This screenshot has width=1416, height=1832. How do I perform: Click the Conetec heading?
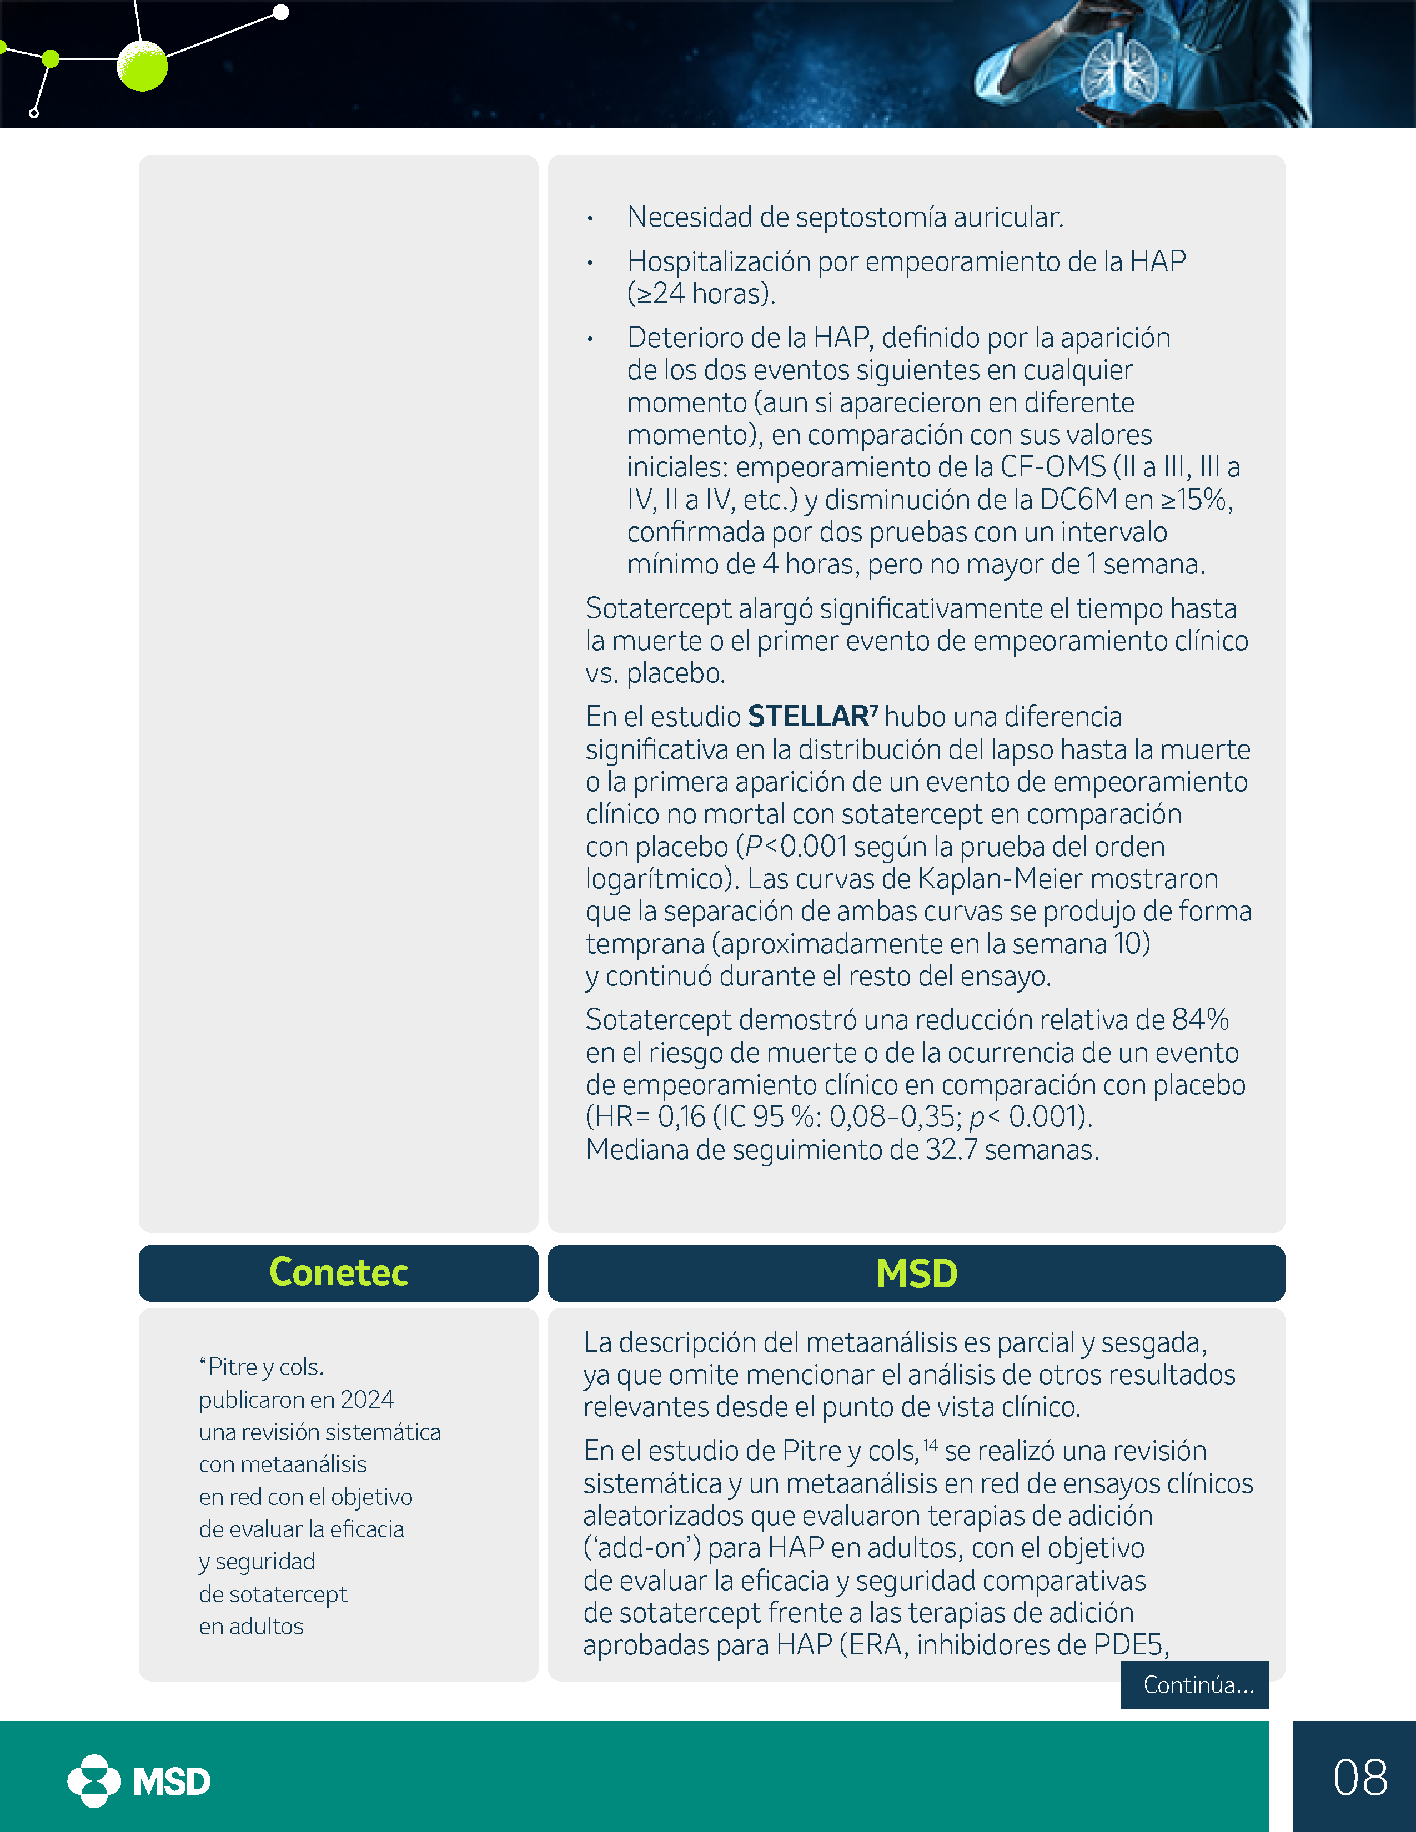[x=338, y=1272]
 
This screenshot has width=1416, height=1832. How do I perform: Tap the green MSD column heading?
[x=916, y=1274]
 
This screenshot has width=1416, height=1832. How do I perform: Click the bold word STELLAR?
[x=808, y=716]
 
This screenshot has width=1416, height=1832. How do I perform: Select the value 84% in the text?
[x=1201, y=1019]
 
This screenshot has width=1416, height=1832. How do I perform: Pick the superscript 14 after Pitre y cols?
[x=930, y=1445]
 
